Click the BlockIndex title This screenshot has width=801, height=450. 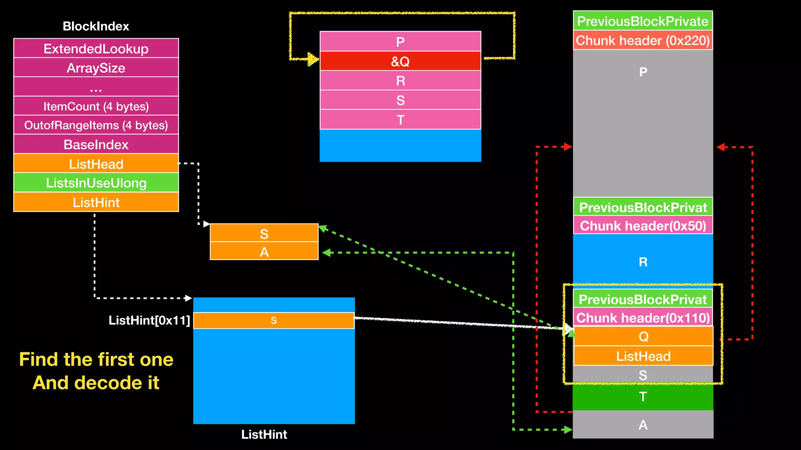click(x=96, y=26)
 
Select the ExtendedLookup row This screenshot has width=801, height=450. click(x=96, y=49)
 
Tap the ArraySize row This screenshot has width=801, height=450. click(x=96, y=68)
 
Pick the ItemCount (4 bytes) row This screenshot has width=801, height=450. click(x=96, y=106)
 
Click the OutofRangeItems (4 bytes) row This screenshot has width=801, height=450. click(x=96, y=125)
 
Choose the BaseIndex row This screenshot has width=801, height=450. click(x=96, y=145)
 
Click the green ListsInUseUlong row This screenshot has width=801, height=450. click(x=96, y=183)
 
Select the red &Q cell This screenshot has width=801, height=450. click(x=400, y=61)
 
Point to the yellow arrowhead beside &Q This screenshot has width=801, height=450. click(x=313, y=59)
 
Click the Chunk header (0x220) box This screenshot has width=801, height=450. click(x=643, y=41)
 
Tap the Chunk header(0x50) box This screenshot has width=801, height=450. click(x=643, y=226)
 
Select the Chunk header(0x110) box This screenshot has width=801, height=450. click(x=643, y=318)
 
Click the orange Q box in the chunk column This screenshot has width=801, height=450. click(x=643, y=336)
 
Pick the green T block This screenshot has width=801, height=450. click(x=643, y=397)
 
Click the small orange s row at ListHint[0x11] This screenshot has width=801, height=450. click(x=274, y=321)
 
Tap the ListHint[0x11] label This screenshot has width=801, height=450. click(x=149, y=321)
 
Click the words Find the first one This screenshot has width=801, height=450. click(x=96, y=359)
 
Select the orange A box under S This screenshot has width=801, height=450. click(x=264, y=252)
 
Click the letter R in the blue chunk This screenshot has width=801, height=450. click(x=643, y=262)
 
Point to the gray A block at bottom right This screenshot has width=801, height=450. click(x=643, y=425)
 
